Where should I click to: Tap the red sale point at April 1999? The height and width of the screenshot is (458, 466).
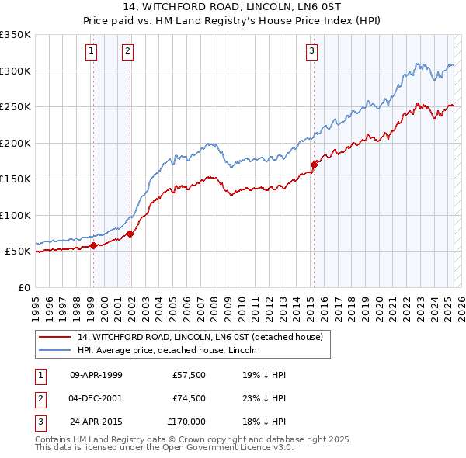(x=93, y=246)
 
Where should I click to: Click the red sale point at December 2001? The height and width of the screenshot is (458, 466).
(x=130, y=234)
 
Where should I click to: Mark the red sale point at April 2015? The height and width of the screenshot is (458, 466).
(x=315, y=165)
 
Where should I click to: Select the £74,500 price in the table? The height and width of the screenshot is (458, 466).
(x=190, y=398)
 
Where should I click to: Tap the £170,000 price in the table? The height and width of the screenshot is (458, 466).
(x=187, y=422)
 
